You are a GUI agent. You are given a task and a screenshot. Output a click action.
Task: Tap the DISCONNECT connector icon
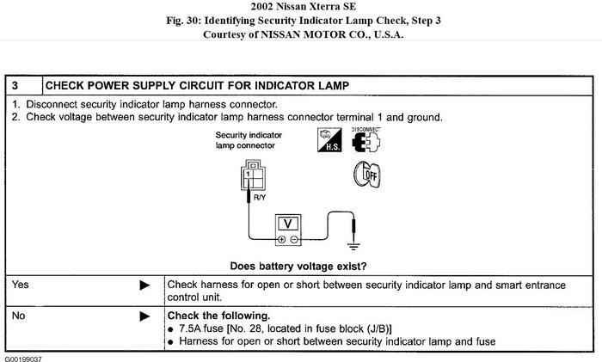click(x=366, y=142)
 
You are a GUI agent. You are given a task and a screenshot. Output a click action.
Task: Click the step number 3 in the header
click(x=16, y=85)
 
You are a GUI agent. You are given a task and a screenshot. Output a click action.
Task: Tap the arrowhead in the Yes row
click(x=144, y=284)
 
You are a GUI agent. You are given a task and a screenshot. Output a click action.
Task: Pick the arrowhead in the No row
click(x=144, y=316)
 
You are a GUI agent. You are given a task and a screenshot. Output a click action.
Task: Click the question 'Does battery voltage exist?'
click(x=299, y=265)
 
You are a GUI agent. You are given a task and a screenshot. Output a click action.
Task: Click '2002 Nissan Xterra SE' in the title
click(x=301, y=7)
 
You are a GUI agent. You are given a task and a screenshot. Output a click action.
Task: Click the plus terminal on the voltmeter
click(x=280, y=240)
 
